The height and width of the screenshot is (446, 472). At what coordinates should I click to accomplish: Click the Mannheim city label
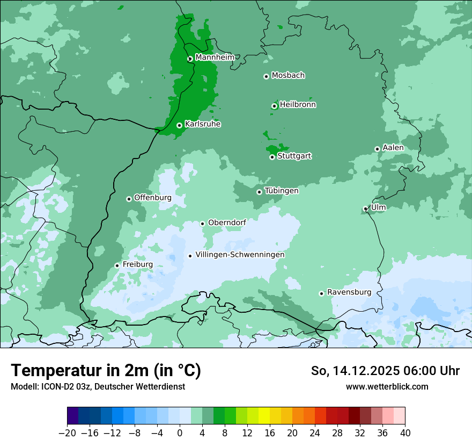215,57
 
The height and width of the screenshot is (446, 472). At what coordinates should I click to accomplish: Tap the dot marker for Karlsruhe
180,126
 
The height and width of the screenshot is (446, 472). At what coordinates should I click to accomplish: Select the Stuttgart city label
294,156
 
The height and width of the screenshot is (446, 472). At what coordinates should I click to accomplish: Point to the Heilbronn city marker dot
274,106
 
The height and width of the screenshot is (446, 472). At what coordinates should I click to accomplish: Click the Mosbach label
288,76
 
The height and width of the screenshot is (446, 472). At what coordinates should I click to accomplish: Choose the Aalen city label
393,148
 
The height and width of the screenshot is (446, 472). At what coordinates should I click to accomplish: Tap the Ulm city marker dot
366,208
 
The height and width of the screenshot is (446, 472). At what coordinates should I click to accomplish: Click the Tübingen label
282,191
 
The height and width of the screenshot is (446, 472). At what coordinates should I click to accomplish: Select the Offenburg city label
153,198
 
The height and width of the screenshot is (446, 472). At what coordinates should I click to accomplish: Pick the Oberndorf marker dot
203,224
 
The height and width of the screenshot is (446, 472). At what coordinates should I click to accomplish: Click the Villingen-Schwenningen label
240,255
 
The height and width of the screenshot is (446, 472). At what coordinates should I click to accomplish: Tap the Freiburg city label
137,264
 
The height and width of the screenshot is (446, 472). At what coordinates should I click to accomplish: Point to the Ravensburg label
349,292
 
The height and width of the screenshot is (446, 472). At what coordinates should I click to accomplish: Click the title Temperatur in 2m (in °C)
106,371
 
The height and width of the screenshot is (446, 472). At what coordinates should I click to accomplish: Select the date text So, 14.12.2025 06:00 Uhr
385,371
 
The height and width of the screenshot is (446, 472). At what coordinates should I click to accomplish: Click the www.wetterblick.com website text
387,386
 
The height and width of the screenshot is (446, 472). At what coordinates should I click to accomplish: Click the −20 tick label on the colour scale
68,433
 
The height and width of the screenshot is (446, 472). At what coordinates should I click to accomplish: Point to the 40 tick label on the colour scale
405,433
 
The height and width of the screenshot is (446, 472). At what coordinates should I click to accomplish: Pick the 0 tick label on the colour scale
180,433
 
